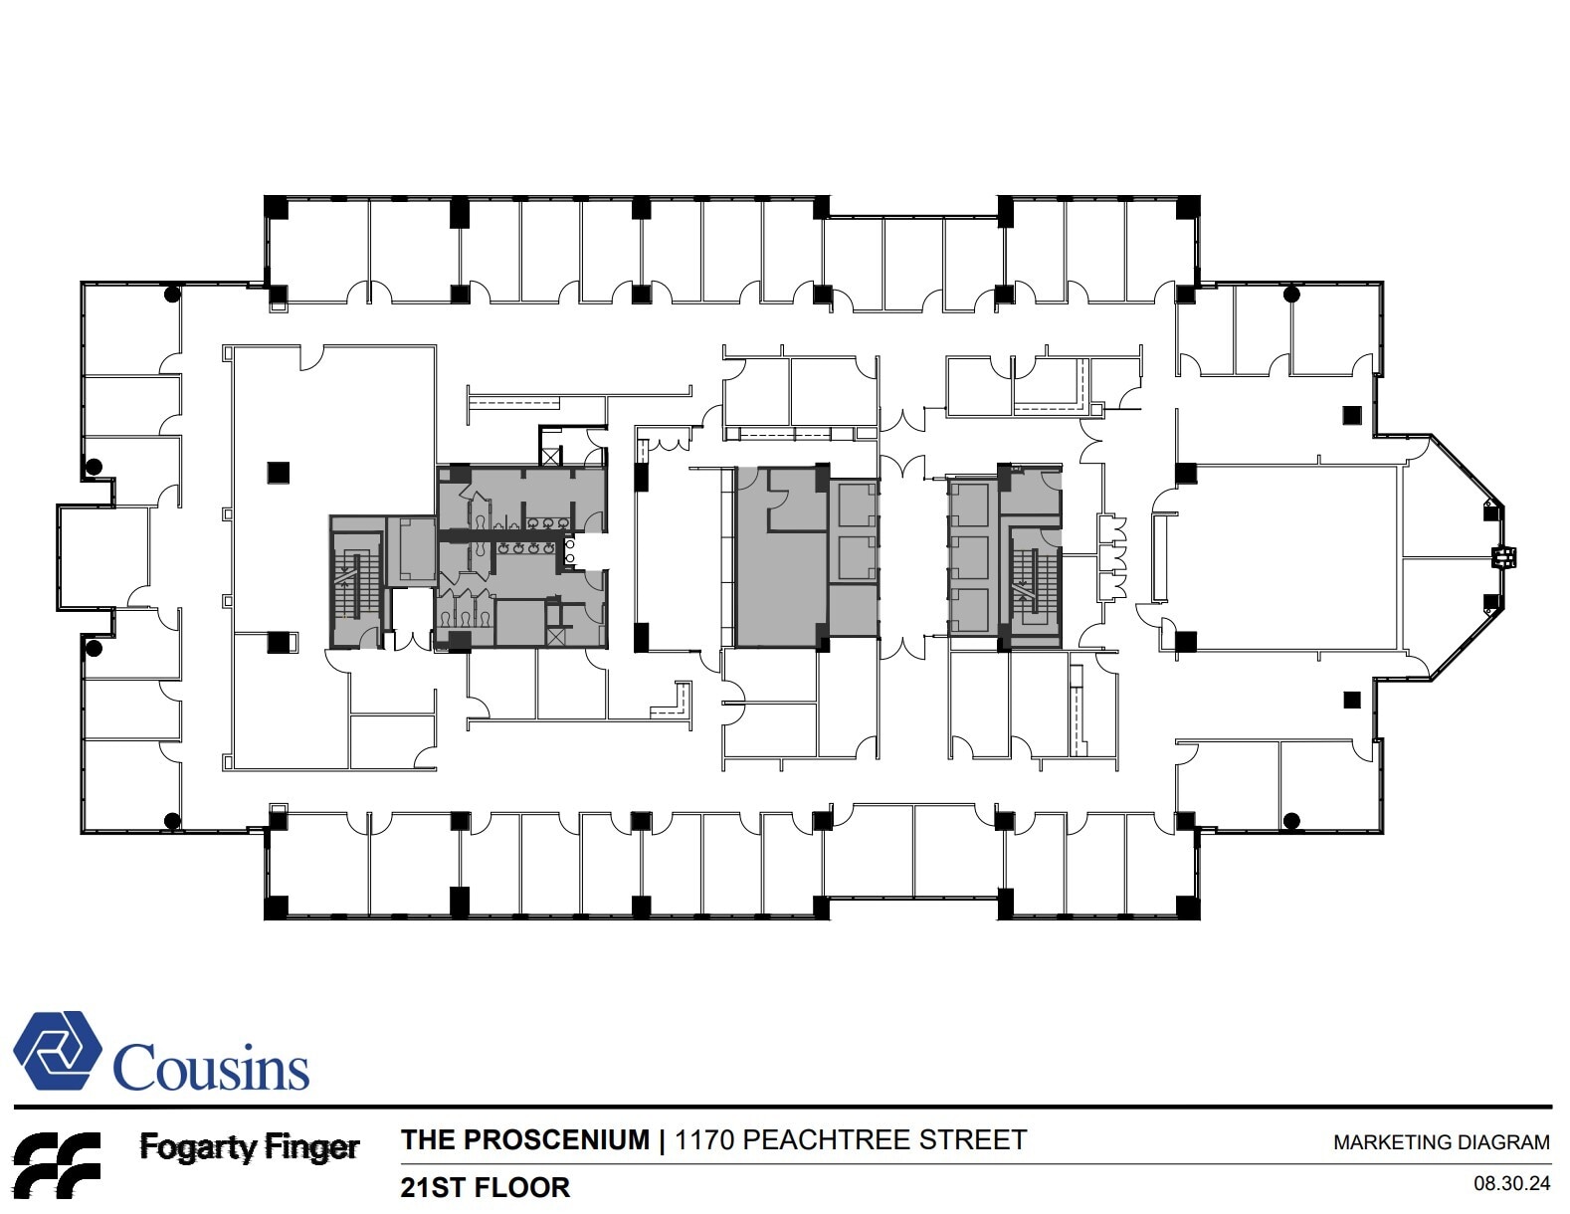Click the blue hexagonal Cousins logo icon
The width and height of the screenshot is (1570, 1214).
pos(57,1051)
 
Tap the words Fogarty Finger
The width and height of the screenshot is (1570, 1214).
pos(249,1147)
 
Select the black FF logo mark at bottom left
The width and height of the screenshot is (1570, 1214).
pos(56,1164)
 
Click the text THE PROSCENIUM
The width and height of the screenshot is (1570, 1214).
pos(524,1139)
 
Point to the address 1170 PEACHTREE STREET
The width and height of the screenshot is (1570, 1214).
pos(850,1139)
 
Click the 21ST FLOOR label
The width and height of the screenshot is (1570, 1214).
pos(485,1187)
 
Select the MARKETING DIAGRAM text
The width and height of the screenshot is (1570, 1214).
pos(1441,1142)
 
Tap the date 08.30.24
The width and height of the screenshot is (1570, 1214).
pos(1511,1184)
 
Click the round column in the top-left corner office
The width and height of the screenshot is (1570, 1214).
pos(172,294)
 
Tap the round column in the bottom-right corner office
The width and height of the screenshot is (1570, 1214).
pos(1291,821)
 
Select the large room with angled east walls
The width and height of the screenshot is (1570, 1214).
pos(1293,557)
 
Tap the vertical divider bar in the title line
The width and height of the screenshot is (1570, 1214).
pos(663,1140)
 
